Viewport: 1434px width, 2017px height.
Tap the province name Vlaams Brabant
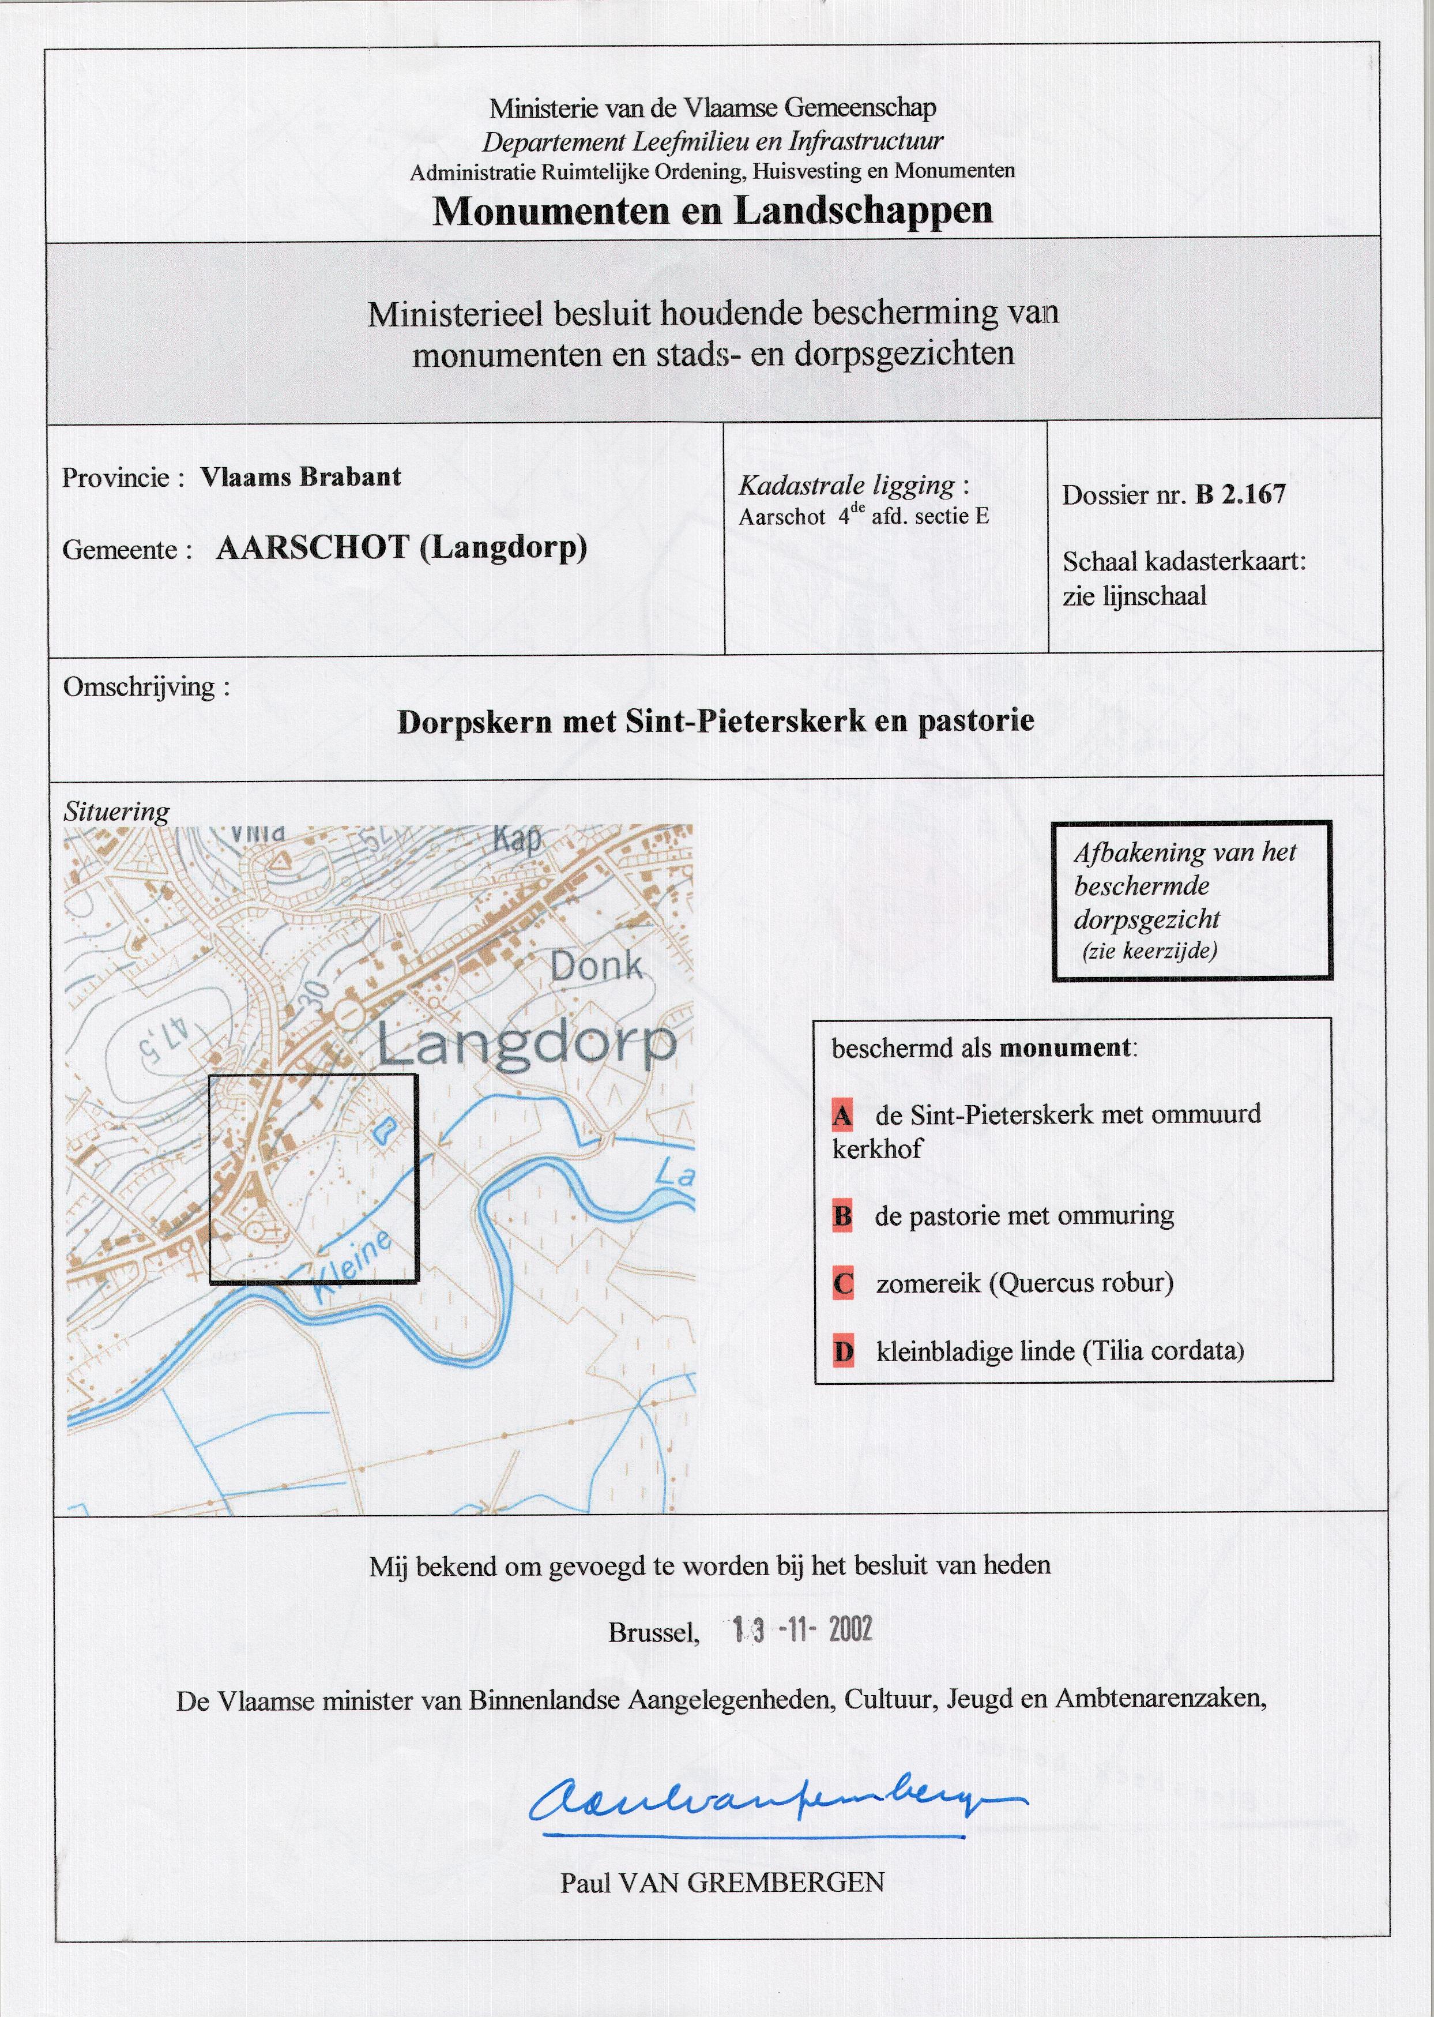[300, 477]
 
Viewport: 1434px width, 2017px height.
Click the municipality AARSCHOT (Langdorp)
[402, 549]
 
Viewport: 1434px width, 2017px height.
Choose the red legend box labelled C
[842, 1283]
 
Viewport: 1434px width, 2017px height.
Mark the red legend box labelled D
[842, 1352]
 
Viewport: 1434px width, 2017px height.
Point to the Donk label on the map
[596, 966]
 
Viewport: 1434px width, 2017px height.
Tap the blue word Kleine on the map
[351, 1268]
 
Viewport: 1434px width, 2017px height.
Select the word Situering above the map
[116, 812]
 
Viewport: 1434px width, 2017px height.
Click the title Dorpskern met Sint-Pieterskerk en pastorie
[715, 722]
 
